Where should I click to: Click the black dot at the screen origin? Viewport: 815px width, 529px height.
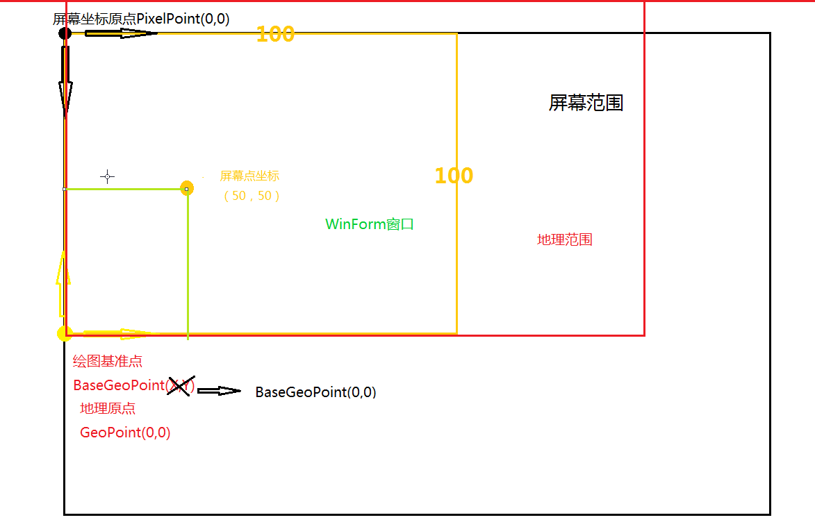[65, 33]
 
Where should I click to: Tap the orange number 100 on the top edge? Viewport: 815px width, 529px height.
[275, 34]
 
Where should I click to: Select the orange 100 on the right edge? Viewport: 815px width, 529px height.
[454, 176]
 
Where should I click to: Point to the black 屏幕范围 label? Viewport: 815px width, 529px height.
[586, 103]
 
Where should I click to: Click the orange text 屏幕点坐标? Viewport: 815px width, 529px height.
[249, 176]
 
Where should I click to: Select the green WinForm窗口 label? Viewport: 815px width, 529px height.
[370, 224]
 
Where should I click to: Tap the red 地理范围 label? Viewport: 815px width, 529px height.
[564, 240]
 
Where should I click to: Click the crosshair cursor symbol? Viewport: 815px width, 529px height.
[107, 176]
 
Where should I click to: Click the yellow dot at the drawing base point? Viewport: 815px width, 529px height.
[65, 333]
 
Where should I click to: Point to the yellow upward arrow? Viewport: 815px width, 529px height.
[63, 284]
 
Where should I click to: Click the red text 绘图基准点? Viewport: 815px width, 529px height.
[108, 361]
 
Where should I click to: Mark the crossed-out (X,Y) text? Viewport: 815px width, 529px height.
[181, 386]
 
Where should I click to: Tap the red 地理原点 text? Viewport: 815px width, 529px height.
[108, 409]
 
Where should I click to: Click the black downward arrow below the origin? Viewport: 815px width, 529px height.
[65, 81]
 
